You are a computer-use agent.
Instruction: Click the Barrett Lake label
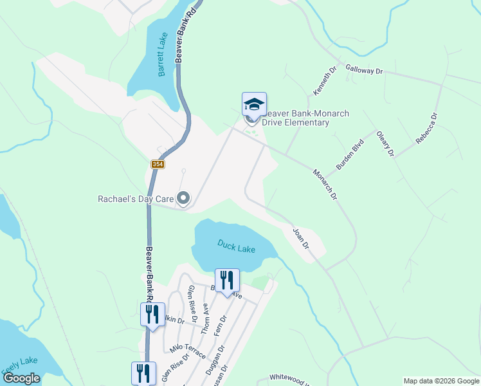click(x=163, y=55)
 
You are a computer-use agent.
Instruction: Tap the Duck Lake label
click(x=236, y=246)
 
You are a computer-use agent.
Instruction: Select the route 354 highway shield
click(x=158, y=165)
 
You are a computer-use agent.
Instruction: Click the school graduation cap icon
click(x=254, y=104)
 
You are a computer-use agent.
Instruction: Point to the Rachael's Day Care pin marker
click(x=184, y=199)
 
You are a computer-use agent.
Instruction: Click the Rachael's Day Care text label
click(x=136, y=199)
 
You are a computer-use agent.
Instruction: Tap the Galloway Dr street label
click(x=364, y=69)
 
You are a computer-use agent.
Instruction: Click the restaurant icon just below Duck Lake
click(x=226, y=280)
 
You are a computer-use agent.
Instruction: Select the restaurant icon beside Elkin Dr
click(x=152, y=315)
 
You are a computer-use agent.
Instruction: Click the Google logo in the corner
click(x=21, y=378)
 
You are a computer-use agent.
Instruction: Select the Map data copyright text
click(x=441, y=381)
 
